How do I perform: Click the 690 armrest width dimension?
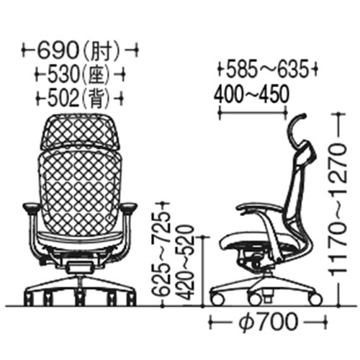[58, 50]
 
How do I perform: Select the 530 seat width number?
[63, 74]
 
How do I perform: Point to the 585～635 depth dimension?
[267, 69]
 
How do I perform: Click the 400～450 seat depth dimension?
[251, 94]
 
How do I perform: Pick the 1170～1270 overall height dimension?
[338, 210]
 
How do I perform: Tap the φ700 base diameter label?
[268, 323]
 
